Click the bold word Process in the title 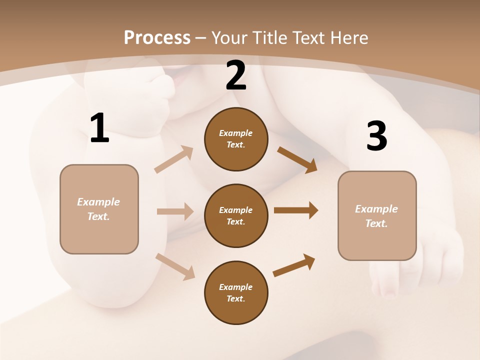pyautogui.click(x=157, y=37)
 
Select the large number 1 pyautogui.click(x=99, y=128)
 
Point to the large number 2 pyautogui.click(x=236, y=76)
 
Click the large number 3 pyautogui.click(x=376, y=136)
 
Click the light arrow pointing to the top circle pyautogui.click(x=174, y=159)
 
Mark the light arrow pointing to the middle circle pyautogui.click(x=175, y=211)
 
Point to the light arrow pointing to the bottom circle pyautogui.click(x=175, y=266)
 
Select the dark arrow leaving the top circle pyautogui.click(x=297, y=159)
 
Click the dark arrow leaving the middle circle pyautogui.click(x=296, y=210)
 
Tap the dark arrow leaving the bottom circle pyautogui.click(x=294, y=265)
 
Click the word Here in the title pyautogui.click(x=350, y=37)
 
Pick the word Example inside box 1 pyautogui.click(x=98, y=202)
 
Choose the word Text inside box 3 pyautogui.click(x=376, y=223)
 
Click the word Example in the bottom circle pyautogui.click(x=235, y=287)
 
